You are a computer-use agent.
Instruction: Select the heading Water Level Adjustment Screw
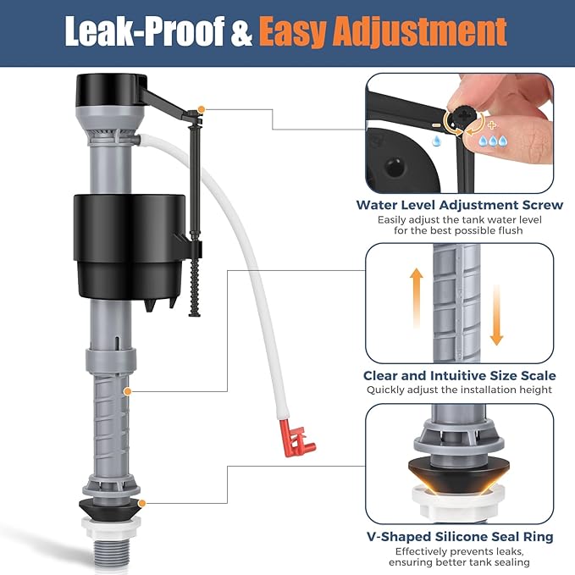(460, 204)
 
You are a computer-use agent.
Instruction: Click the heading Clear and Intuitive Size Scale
(460, 375)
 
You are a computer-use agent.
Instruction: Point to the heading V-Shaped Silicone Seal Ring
(460, 536)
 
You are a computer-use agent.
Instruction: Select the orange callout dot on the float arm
(200, 109)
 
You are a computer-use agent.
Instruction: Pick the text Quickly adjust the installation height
(460, 390)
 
